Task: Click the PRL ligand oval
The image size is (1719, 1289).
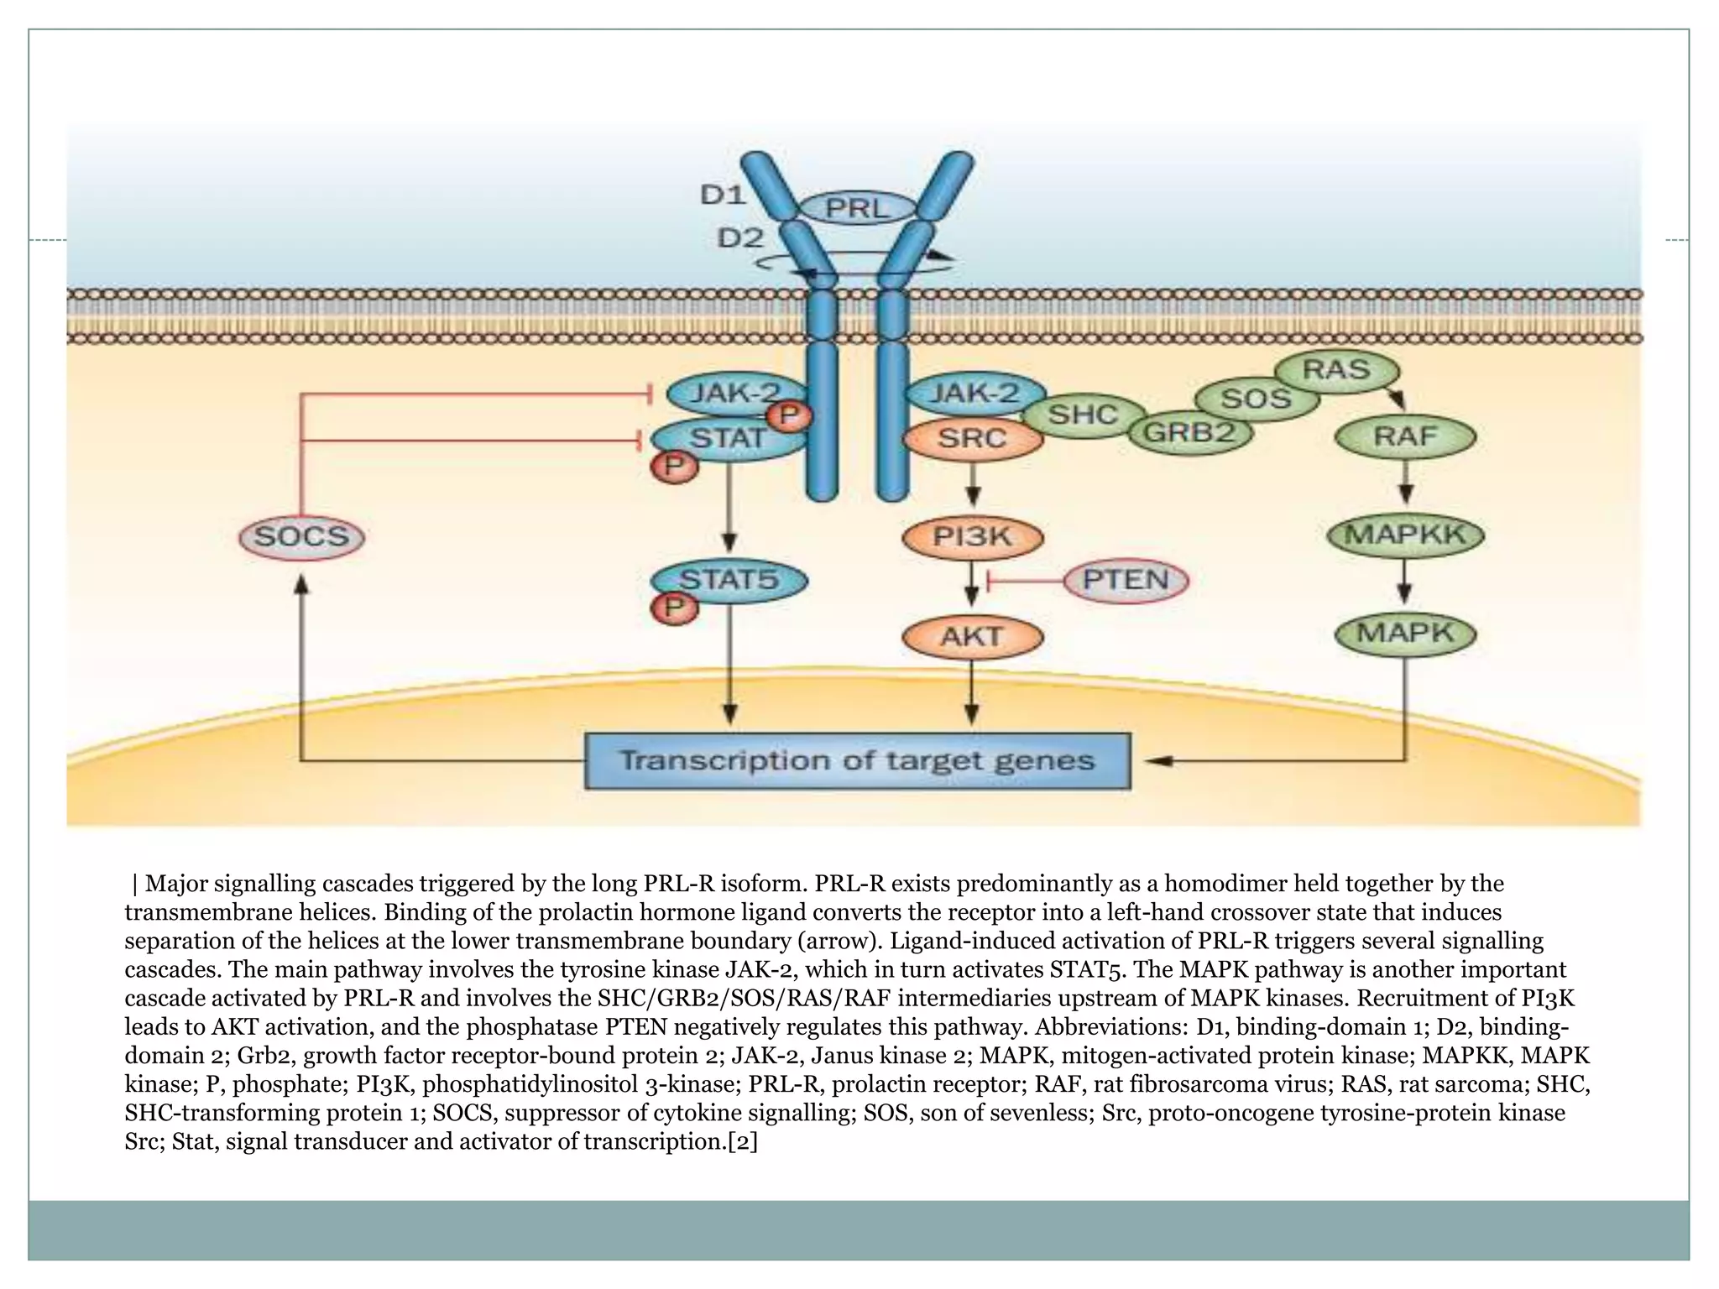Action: point(857,207)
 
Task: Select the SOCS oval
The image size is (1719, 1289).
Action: point(301,537)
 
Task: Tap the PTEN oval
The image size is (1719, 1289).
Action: point(1126,580)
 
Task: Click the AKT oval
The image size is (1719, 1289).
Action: point(972,636)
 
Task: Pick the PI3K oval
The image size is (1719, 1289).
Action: point(972,536)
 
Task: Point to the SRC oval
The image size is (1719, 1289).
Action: point(972,438)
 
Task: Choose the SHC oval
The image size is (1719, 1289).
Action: point(1083,415)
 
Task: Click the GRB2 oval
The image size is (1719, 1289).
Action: point(1189,433)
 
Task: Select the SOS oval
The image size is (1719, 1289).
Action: point(1256,398)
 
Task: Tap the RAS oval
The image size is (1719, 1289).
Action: point(1336,369)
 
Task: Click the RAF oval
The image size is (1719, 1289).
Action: point(1405,436)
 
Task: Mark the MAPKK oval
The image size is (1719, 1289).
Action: point(1405,535)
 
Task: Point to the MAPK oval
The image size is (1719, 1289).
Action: point(1405,633)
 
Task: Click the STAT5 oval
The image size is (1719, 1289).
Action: point(729,579)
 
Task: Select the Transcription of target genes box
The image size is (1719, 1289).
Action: point(857,761)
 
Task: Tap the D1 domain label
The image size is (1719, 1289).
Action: point(723,195)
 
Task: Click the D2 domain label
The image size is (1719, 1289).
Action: point(739,238)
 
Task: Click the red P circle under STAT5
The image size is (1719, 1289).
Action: point(675,608)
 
